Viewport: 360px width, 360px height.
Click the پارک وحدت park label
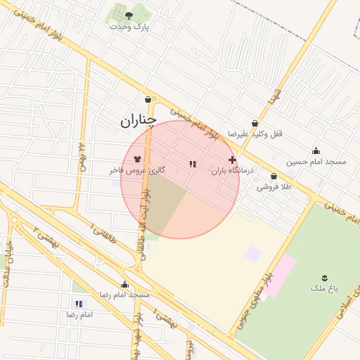[131, 27]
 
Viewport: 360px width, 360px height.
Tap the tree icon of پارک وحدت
[128, 15]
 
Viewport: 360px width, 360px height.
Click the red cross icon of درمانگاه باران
[233, 160]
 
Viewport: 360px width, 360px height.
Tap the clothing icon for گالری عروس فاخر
[136, 159]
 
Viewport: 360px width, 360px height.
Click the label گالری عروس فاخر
[137, 170]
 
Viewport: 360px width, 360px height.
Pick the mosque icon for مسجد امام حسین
[316, 150]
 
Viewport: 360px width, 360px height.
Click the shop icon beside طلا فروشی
[274, 176]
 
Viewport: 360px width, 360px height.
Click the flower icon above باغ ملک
[324, 277]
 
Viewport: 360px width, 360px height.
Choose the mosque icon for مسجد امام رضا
[124, 284]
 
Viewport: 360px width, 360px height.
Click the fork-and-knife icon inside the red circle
[191, 164]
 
